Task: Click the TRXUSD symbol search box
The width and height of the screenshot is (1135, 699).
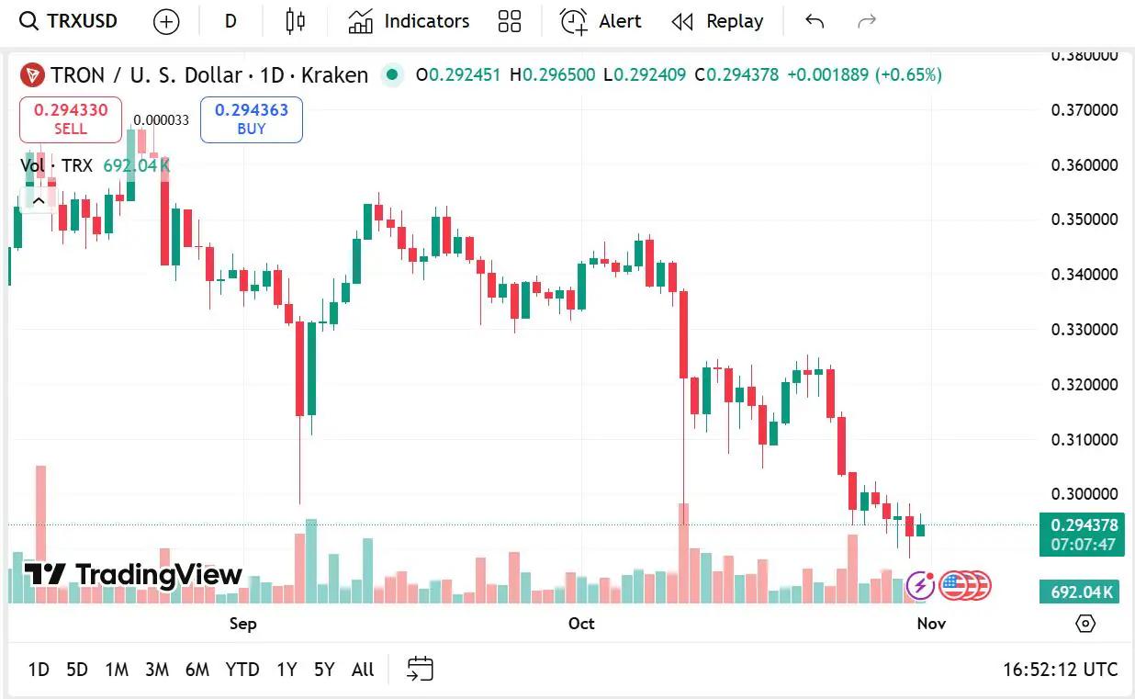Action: point(70,21)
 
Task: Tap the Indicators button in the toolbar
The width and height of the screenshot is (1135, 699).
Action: point(409,21)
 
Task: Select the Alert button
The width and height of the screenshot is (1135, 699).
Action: point(601,21)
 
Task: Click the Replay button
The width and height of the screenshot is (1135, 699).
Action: point(717,21)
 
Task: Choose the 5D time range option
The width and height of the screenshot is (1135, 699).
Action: point(77,670)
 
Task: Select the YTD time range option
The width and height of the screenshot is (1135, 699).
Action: point(242,670)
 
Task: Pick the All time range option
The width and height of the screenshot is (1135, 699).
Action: point(363,670)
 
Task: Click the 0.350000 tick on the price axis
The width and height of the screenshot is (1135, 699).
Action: point(1084,220)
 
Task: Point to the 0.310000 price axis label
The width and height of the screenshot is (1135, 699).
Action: point(1084,439)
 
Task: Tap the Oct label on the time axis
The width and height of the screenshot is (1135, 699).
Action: point(581,624)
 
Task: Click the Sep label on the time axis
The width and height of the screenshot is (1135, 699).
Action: point(242,624)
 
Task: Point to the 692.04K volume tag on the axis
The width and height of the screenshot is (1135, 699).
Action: point(1083,592)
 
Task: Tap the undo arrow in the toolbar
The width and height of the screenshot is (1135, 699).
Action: point(814,21)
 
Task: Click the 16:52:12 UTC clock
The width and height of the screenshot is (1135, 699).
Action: point(1060,670)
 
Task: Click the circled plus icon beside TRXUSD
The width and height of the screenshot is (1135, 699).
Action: point(166,21)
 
